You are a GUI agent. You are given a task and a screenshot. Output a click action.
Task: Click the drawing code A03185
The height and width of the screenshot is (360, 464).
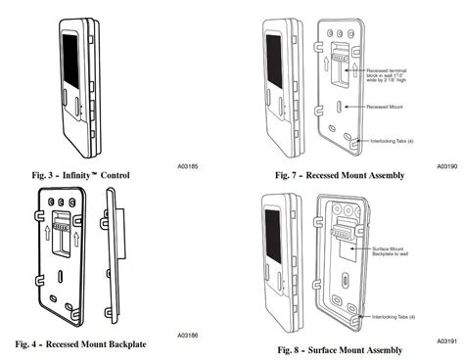pyautogui.click(x=189, y=167)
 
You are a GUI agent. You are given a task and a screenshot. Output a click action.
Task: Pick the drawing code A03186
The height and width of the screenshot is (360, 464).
pyautogui.click(x=189, y=334)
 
